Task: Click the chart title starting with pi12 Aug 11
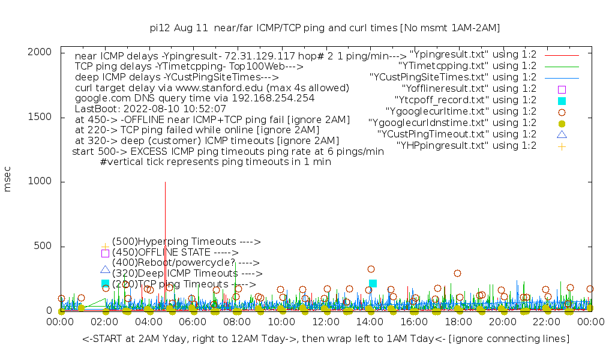tap(325, 28)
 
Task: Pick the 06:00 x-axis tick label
tap(193, 323)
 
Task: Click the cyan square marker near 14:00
tap(373, 283)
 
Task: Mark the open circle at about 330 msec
tap(371, 269)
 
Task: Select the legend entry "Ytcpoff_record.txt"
tap(466, 100)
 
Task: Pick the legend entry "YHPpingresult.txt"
tap(466, 145)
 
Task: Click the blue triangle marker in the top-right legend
tap(562, 134)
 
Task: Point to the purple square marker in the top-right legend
tap(562, 89)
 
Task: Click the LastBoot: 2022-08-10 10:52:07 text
tap(150, 109)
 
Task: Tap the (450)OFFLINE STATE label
tap(174, 253)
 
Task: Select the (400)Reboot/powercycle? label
tap(185, 263)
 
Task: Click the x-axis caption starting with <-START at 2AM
tap(326, 339)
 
